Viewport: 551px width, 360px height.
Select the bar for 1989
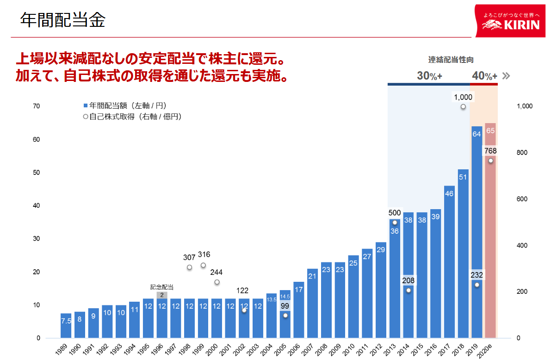pos(66,326)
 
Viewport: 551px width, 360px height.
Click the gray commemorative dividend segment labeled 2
pos(162,295)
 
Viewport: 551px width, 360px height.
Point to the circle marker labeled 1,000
pos(463,107)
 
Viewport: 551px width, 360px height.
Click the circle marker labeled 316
pos(203,265)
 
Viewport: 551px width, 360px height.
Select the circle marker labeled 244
pos(217,282)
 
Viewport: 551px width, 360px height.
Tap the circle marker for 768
pos(490,161)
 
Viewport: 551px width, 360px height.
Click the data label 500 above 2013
pos(394,213)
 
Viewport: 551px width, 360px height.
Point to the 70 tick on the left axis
pos(36,106)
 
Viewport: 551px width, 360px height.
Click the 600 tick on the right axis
pos(524,199)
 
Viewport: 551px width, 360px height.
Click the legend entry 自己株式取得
pos(133,117)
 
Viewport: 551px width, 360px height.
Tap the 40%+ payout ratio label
pos(484,76)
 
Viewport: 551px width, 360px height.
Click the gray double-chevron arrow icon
pos(506,76)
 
